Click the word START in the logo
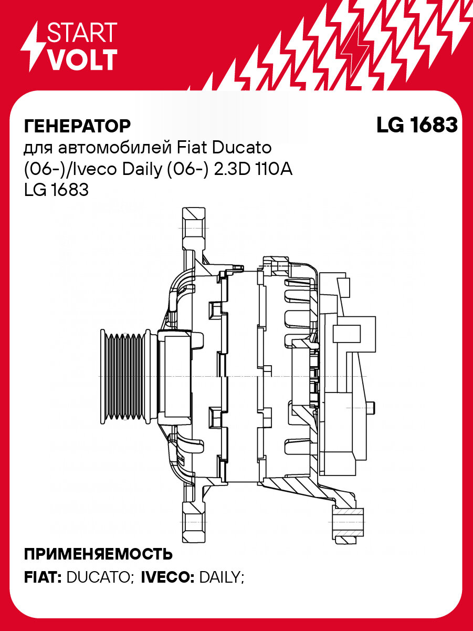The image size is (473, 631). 82,32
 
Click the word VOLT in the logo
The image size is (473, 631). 82,60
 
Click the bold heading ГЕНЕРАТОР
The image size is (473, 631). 77,126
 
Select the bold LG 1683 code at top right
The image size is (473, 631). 417,125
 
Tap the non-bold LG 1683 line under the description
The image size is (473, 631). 56,190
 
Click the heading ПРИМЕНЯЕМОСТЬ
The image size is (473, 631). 98,554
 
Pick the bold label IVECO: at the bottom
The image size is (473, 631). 169,577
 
